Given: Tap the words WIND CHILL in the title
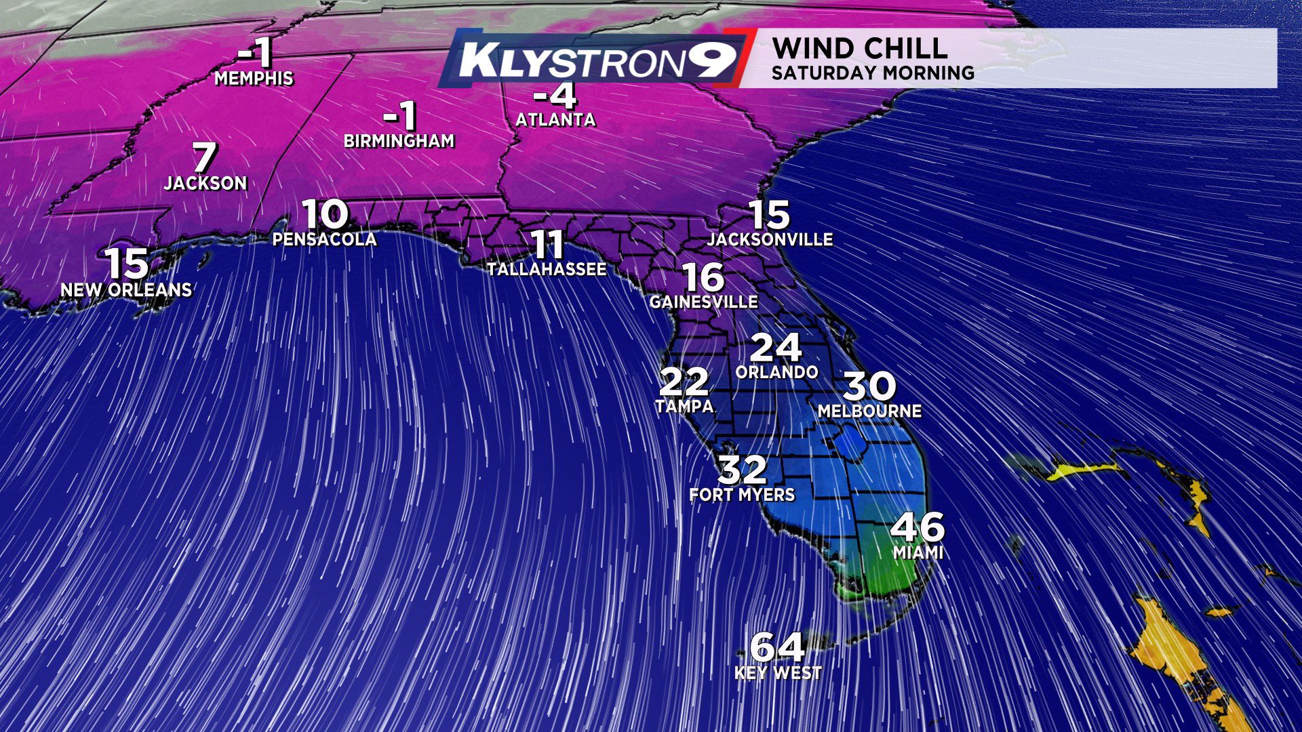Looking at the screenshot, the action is pyautogui.click(x=860, y=49).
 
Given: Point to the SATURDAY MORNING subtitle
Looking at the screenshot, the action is pyautogui.click(x=873, y=73).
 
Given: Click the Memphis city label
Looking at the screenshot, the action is pyautogui.click(x=254, y=79).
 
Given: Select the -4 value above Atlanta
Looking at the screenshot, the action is pyautogui.click(x=555, y=96).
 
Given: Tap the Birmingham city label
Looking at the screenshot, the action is pyautogui.click(x=399, y=141).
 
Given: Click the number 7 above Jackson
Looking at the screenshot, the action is pyautogui.click(x=204, y=157).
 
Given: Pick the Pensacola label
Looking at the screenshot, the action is pyautogui.click(x=324, y=239).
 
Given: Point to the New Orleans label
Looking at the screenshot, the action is pyautogui.click(x=127, y=290).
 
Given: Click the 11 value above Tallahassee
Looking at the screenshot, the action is pyautogui.click(x=547, y=245).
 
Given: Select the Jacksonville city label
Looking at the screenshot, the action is pyautogui.click(x=770, y=239).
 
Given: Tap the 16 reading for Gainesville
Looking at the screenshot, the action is pyautogui.click(x=703, y=277).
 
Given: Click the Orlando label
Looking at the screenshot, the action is pyautogui.click(x=776, y=372).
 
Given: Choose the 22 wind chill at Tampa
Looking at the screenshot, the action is pyautogui.click(x=684, y=382).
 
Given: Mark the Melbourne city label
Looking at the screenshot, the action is pyautogui.click(x=869, y=411).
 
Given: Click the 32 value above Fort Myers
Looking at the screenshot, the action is pyautogui.click(x=743, y=469).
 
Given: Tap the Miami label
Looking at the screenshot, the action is pyautogui.click(x=918, y=553).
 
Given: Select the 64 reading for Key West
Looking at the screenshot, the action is pyautogui.click(x=778, y=647).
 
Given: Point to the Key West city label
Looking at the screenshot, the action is pyautogui.click(x=778, y=673).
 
